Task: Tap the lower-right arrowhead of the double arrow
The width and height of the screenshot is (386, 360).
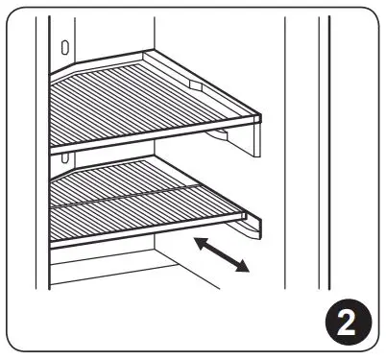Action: pyautogui.click(x=246, y=269)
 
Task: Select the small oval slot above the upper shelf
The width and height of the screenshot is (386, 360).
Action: pyautogui.click(x=63, y=46)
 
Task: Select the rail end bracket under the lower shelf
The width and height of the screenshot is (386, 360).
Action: pyautogui.click(x=252, y=230)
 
